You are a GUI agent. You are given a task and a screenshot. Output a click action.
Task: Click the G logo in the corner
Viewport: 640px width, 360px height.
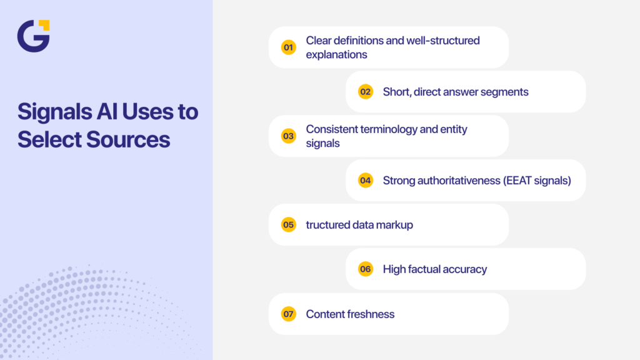[x=33, y=36]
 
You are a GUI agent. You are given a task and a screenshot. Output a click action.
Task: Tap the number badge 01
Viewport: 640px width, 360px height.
[x=288, y=47]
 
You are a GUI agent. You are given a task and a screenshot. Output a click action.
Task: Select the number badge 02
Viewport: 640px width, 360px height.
[x=366, y=92]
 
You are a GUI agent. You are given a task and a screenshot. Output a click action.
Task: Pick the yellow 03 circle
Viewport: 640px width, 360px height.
[x=288, y=136]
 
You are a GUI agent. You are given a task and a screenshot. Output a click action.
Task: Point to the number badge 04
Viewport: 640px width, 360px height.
[x=366, y=181]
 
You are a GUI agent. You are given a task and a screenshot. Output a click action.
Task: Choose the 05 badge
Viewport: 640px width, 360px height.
[x=288, y=225]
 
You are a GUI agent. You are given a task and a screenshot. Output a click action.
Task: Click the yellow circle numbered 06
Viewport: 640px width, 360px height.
[x=366, y=269]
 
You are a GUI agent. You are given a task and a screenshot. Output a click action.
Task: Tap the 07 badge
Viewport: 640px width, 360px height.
[x=288, y=314]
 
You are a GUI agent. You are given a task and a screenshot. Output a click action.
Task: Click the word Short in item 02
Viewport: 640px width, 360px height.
[x=397, y=92]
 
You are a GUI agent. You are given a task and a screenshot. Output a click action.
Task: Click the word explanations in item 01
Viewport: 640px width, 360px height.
[x=336, y=54]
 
